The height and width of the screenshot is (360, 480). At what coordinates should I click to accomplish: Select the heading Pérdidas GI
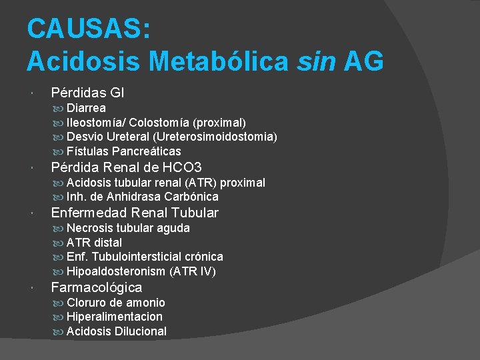coord(87,93)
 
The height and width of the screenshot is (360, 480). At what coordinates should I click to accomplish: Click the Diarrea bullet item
coord(86,107)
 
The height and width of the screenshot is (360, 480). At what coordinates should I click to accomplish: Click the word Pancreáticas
coord(147,151)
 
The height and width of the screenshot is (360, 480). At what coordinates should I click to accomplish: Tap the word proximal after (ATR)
coord(242,182)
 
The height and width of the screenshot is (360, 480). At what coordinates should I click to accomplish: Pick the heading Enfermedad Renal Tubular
coord(135,213)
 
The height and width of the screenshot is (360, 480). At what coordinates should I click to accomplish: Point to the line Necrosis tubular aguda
coord(128,228)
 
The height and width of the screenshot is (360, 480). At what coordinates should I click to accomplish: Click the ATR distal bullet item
coord(94,243)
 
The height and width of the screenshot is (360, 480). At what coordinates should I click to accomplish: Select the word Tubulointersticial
coord(138,257)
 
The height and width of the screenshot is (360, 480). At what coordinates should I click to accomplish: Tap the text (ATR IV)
coord(193,272)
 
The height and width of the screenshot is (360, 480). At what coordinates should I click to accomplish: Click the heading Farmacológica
coord(97,287)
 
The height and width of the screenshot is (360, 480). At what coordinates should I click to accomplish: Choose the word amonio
coord(145,303)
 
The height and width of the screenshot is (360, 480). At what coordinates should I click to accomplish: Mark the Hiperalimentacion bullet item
coord(114,317)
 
